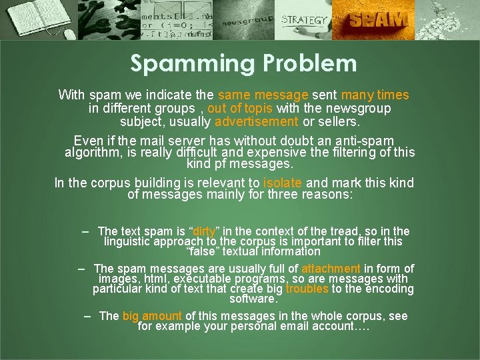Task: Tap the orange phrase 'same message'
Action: pos(263,95)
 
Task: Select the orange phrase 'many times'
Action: pos(375,95)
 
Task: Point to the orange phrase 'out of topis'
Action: pos(240,108)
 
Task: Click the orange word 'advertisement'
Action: pos(257,122)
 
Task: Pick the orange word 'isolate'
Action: pos(283,183)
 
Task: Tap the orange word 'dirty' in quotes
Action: pos(204,231)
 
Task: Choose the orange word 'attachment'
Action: pos(331,269)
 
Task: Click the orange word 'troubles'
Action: pos(307,289)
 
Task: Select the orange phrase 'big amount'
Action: pos(152,316)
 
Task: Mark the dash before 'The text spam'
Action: pos(86,231)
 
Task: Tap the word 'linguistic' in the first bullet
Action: pos(130,241)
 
